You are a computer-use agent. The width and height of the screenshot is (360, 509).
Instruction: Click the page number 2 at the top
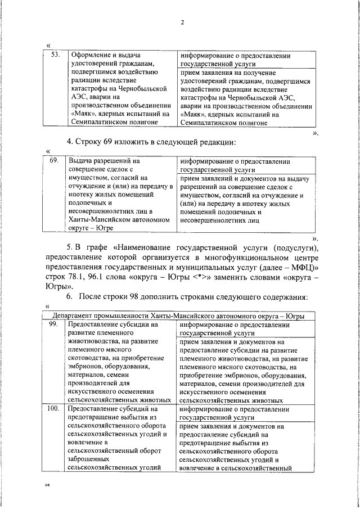(x=183, y=22)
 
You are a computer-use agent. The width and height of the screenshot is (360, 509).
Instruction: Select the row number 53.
(x=55, y=56)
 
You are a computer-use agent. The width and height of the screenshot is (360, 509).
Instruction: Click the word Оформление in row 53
(x=89, y=56)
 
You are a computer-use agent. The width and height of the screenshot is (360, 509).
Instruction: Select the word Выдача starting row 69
(x=81, y=160)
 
